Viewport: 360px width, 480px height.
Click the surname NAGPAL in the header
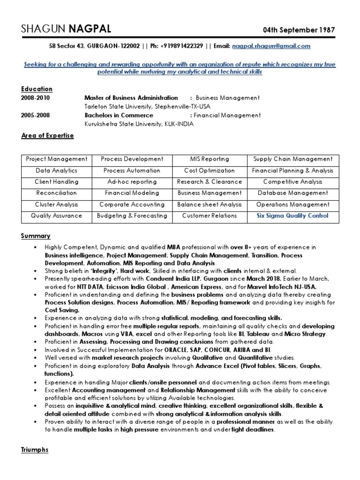pyautogui.click(x=90, y=30)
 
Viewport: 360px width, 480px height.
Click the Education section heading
pyautogui.click(x=37, y=89)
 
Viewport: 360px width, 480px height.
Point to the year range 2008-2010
pyautogui.click(x=35, y=98)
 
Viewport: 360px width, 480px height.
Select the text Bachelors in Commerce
pyautogui.click(x=119, y=115)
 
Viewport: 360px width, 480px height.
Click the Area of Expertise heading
pyautogui.click(x=47, y=135)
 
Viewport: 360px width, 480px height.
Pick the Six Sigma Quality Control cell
pyautogui.click(x=292, y=216)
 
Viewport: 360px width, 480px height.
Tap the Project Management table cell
pyautogui.click(x=57, y=159)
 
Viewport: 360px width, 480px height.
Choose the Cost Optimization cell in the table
pyautogui.click(x=210, y=171)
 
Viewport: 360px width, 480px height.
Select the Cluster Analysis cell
pyautogui.click(x=57, y=204)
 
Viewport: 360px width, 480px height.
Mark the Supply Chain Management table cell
pyautogui.click(x=292, y=159)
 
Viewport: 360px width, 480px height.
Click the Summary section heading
pyautogui.click(x=36, y=236)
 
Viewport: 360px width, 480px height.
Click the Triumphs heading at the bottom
pyautogui.click(x=35, y=450)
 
